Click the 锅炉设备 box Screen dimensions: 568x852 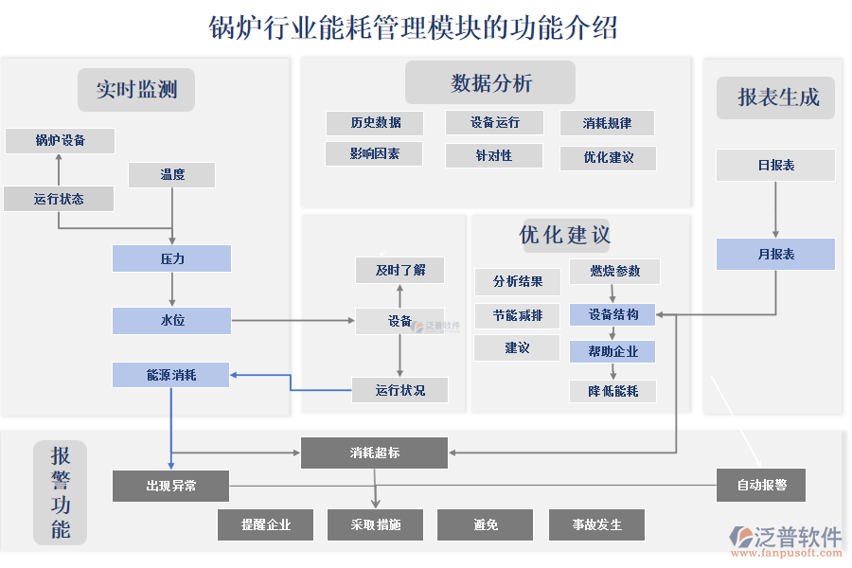(x=60, y=141)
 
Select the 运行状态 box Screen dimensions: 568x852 (x=59, y=199)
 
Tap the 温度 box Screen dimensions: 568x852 (x=171, y=175)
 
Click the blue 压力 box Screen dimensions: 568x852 (x=171, y=258)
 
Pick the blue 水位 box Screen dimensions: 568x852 (x=171, y=321)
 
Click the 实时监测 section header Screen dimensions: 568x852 (x=136, y=90)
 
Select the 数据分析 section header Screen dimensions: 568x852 (x=490, y=83)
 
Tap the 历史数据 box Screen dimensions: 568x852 (x=375, y=123)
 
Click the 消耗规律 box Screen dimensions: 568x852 (x=607, y=123)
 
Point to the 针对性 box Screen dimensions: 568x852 (x=493, y=155)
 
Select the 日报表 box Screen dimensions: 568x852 (x=775, y=165)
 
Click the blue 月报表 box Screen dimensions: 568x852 (x=775, y=255)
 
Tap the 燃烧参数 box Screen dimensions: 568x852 (x=614, y=272)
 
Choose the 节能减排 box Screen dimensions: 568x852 (x=517, y=315)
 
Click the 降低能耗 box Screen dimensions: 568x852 (x=612, y=391)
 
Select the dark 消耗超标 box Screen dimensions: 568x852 (x=374, y=453)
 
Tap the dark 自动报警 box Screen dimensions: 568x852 (x=761, y=486)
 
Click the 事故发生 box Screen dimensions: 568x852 (x=596, y=524)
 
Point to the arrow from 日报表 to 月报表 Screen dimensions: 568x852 (x=776, y=208)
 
